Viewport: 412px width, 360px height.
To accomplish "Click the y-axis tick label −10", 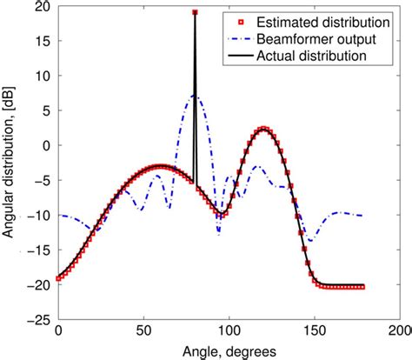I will click(39, 216).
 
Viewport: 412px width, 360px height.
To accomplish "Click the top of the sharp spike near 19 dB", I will click(195, 12).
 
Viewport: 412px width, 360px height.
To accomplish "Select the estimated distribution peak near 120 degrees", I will click(265, 129).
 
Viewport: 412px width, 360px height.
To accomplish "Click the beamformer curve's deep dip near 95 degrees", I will click(219, 232).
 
